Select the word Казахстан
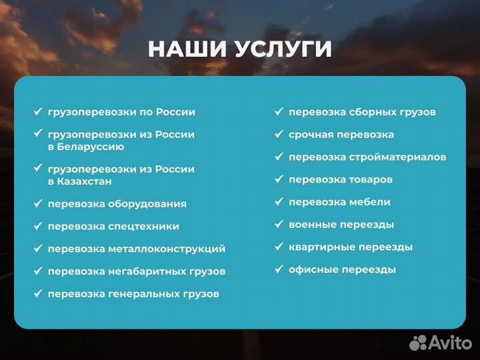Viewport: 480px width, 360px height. (85, 181)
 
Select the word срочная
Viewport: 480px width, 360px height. (311, 135)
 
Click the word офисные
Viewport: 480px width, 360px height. (312, 270)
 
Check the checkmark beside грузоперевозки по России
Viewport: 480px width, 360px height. (37, 112)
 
